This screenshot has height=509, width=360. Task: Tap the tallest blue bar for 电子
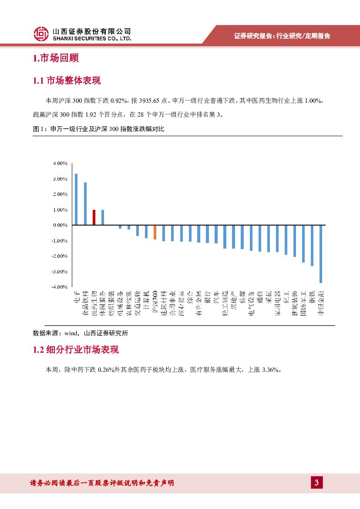(x=76, y=199)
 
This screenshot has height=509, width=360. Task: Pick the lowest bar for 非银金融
(x=321, y=254)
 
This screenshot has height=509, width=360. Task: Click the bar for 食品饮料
(x=85, y=204)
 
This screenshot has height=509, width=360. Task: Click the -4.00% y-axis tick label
(x=59, y=287)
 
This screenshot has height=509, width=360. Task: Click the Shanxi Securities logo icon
(x=41, y=34)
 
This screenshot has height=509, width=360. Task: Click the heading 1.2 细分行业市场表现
(x=76, y=350)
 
